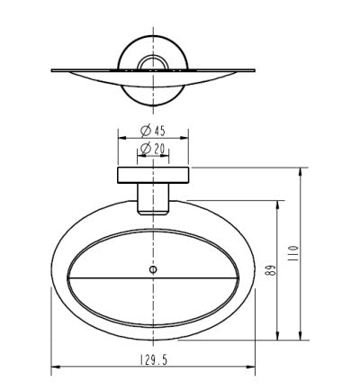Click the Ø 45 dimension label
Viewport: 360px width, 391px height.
[x=153, y=131]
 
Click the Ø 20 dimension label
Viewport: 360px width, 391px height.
[x=153, y=149]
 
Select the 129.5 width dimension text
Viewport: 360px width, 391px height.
[x=153, y=359]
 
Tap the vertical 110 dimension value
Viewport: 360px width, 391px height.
[x=293, y=253]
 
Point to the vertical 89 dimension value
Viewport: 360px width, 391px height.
[x=270, y=270]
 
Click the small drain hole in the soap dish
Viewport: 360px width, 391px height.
[x=153, y=269]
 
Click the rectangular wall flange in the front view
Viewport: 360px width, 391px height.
[x=153, y=175]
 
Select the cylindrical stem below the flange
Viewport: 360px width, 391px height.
[x=153, y=199]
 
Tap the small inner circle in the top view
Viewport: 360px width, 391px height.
[x=153, y=64]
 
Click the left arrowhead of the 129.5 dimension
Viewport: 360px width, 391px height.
[x=56, y=367]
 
